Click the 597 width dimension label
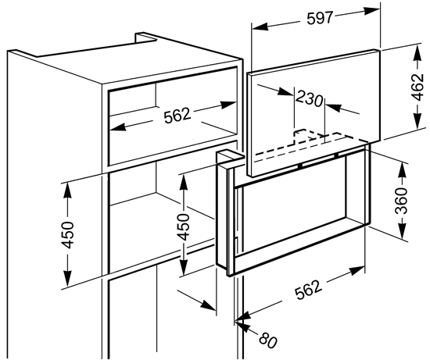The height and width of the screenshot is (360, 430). point(320,19)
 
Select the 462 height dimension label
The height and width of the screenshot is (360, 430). point(418,87)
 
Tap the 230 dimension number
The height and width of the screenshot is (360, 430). point(310,99)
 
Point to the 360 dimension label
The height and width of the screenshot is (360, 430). point(401,200)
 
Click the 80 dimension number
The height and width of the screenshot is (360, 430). point(268,340)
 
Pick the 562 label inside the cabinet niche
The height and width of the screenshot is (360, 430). point(177,116)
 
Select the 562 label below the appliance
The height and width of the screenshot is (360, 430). point(308,290)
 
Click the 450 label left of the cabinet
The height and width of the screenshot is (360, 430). point(67,235)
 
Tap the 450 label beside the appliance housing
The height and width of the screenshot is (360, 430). point(182,226)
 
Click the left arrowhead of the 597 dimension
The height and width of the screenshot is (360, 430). point(259,27)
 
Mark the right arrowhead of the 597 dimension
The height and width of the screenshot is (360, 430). point(372,11)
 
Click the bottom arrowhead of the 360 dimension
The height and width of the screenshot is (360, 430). point(403,230)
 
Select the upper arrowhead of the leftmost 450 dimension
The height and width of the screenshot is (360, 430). point(67,191)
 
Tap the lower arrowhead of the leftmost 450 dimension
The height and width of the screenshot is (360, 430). point(67,279)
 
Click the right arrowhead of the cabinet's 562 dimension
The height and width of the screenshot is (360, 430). point(228,105)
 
